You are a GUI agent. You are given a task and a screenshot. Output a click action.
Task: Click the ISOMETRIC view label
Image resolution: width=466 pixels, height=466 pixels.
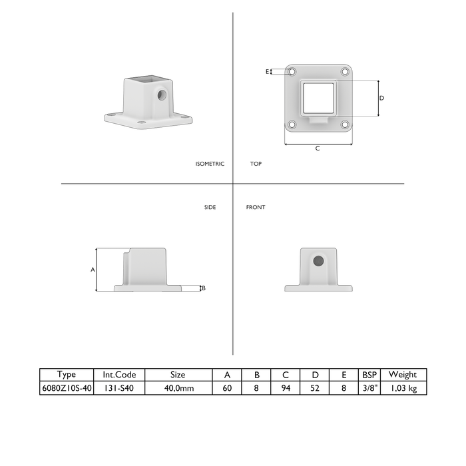click(210, 164)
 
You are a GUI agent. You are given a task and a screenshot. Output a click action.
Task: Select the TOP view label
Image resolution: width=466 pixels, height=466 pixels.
click(256, 164)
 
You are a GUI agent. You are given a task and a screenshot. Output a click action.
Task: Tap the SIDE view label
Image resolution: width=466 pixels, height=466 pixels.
click(210, 207)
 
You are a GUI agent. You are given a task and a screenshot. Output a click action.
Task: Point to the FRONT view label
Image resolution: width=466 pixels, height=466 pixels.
click(256, 207)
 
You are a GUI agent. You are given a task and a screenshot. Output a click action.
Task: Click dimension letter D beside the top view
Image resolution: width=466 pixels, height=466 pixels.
click(382, 98)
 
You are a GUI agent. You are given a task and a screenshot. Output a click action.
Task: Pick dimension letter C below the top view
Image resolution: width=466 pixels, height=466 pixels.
click(318, 148)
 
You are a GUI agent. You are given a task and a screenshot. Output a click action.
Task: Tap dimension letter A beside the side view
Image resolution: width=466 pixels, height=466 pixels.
click(93, 270)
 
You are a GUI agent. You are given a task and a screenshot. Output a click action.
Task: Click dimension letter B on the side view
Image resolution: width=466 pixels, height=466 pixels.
click(204, 288)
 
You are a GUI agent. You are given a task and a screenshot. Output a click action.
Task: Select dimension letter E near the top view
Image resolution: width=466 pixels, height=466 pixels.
click(267, 72)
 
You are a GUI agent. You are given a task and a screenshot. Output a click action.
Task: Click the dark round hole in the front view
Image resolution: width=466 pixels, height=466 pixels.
click(318, 261)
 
